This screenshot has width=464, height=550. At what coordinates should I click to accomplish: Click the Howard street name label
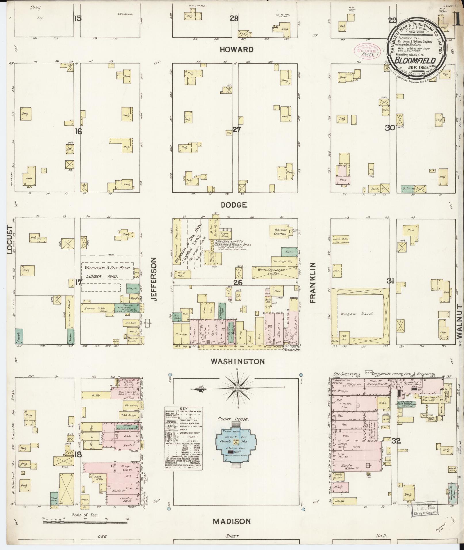tap(236, 49)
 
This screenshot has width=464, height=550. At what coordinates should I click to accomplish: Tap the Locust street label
tap(10, 240)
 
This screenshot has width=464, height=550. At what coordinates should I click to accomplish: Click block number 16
tap(78, 131)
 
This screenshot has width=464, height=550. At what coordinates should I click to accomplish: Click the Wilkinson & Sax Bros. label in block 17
tap(107, 267)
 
